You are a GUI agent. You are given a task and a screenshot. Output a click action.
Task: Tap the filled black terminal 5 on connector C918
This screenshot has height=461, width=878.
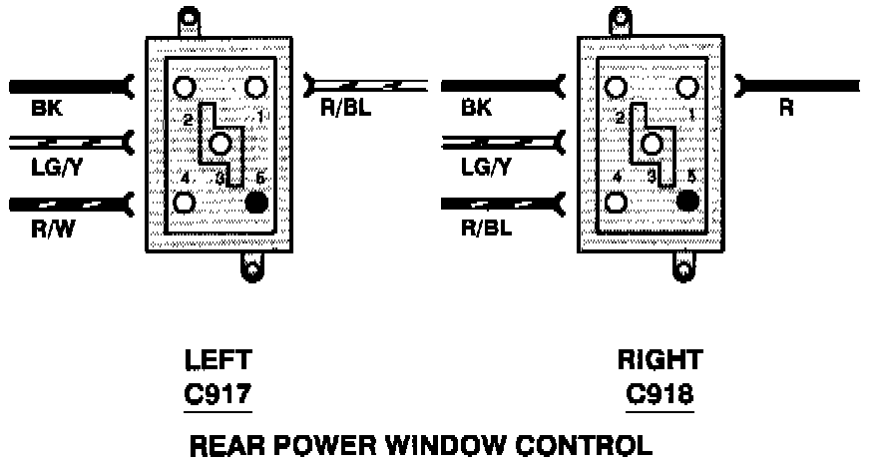click(x=685, y=202)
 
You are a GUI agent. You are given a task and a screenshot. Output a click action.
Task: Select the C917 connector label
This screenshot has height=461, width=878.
click(x=219, y=395)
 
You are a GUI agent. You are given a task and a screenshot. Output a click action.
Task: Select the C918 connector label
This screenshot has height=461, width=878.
click(x=660, y=395)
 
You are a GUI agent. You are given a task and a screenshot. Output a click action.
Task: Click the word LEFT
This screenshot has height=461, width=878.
click(x=219, y=360)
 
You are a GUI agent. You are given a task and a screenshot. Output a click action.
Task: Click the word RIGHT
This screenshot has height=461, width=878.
click(x=660, y=360)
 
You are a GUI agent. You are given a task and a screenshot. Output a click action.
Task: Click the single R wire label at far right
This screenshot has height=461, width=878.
click(x=786, y=109)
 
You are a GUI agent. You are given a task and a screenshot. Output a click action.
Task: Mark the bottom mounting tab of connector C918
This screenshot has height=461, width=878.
click(x=682, y=264)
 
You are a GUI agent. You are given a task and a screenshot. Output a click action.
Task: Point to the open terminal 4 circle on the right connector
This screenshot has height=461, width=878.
click(x=616, y=202)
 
